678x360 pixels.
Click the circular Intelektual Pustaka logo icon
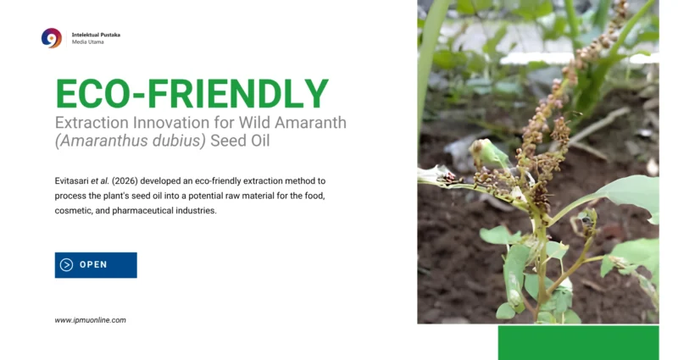[52, 38]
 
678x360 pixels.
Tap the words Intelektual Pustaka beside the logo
[96, 35]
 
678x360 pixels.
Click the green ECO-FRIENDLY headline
[192, 93]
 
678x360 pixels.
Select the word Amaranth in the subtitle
[310, 123]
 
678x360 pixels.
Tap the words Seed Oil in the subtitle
[240, 141]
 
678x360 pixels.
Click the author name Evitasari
[71, 181]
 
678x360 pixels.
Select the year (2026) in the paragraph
[125, 181]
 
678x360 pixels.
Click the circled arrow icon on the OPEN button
[66, 265]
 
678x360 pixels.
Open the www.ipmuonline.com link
[91, 320]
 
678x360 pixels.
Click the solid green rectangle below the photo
[579, 343]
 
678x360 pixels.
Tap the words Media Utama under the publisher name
[88, 42]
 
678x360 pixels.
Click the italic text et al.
[100, 181]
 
